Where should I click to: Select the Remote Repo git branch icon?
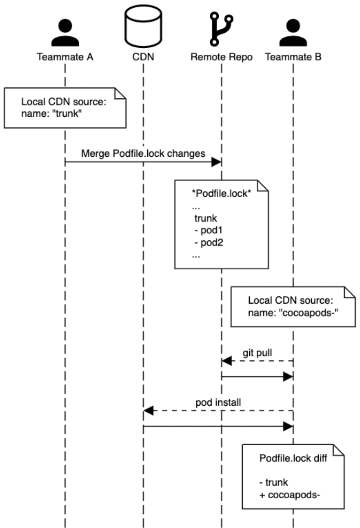click(221, 28)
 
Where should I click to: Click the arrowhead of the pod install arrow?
click(148, 411)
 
